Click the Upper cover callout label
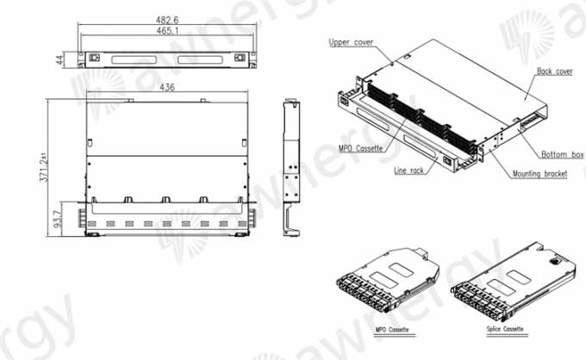(x=350, y=41)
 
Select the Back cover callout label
(x=554, y=71)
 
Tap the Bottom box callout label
(x=562, y=154)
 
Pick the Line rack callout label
(x=409, y=171)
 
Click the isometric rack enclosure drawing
(x=439, y=116)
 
